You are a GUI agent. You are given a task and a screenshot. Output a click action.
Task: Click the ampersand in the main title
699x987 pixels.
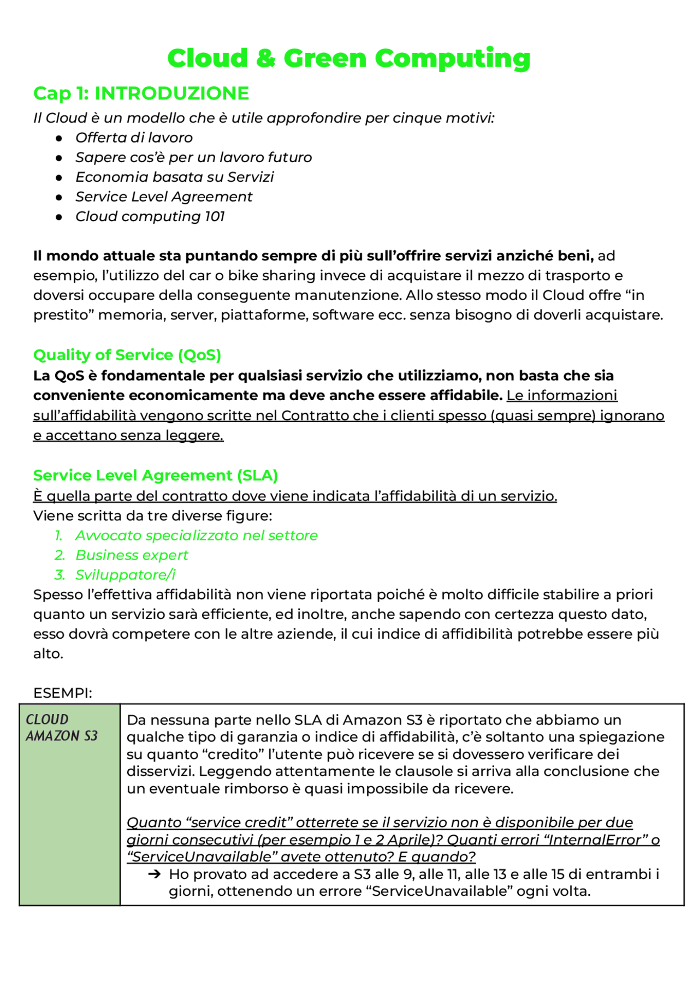point(265,58)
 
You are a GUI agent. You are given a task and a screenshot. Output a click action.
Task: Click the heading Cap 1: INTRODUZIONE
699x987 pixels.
point(141,93)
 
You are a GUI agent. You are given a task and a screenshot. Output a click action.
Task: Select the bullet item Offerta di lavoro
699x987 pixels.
point(134,138)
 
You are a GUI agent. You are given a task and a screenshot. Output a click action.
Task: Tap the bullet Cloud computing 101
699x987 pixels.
point(150,216)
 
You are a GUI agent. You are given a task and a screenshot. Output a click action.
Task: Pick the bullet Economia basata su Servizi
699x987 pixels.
point(174,177)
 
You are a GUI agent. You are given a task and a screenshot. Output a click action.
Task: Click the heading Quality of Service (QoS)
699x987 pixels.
point(127,355)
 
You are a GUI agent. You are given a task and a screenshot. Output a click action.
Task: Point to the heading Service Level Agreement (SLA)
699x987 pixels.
point(156,475)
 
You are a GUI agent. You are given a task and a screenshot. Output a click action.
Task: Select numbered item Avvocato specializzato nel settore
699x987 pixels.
point(196,536)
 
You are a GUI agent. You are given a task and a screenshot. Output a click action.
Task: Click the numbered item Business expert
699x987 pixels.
point(132,555)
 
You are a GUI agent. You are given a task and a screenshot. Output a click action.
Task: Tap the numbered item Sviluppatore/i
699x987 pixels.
point(125,575)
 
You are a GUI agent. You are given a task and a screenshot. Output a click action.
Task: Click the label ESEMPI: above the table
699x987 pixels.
point(62,693)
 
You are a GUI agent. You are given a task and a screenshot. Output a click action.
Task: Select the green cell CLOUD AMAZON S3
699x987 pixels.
point(69,804)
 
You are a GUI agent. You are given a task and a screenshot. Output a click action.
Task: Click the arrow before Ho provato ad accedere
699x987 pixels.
point(155,875)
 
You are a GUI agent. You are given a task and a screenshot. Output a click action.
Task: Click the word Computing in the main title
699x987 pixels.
point(453,58)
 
